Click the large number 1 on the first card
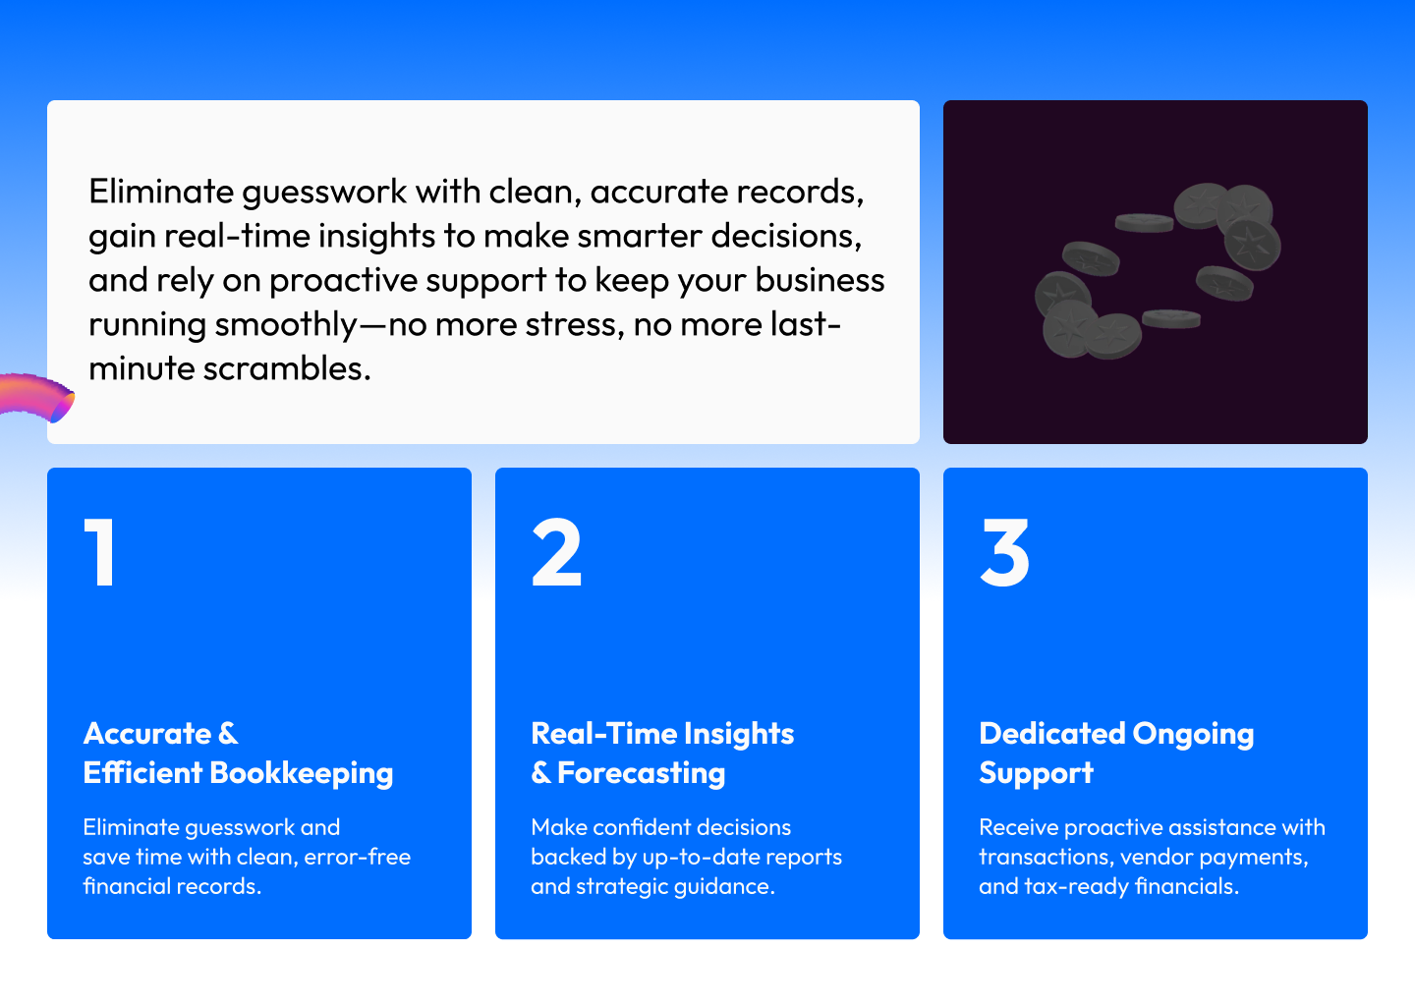(100, 552)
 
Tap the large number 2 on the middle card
(557, 552)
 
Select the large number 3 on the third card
(1004, 552)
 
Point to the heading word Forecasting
(641, 773)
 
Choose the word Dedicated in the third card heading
(1051, 734)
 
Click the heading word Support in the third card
(1036, 773)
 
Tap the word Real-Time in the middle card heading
(602, 734)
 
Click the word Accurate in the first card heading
(147, 734)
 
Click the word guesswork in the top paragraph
(324, 193)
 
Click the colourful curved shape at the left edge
(39, 397)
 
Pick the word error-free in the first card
(357, 857)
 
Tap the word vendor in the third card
(1156, 857)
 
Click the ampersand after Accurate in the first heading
(228, 734)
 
